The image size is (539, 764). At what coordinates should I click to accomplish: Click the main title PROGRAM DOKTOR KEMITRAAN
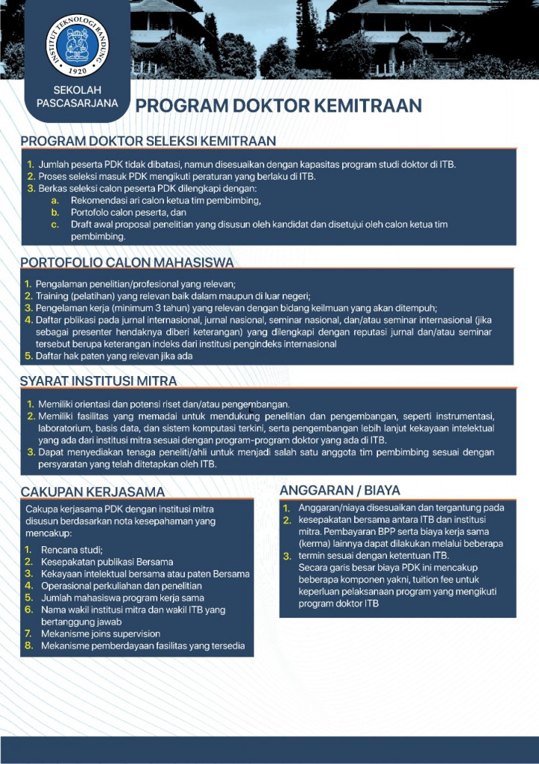[278, 105]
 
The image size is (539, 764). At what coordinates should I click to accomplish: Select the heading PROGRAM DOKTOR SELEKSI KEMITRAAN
[148, 141]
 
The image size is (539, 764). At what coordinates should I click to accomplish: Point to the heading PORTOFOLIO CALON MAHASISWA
[127, 263]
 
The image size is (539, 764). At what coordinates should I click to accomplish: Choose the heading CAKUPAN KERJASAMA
[92, 492]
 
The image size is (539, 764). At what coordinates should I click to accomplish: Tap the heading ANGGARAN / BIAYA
[340, 490]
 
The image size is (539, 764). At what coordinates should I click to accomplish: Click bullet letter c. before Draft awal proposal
[54, 224]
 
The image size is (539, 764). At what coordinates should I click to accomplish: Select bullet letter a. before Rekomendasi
[54, 201]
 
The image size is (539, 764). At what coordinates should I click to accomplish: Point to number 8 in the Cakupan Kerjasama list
[28, 645]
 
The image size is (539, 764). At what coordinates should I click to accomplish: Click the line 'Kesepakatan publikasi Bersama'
[107, 561]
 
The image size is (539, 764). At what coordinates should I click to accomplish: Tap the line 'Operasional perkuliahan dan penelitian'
[122, 585]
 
